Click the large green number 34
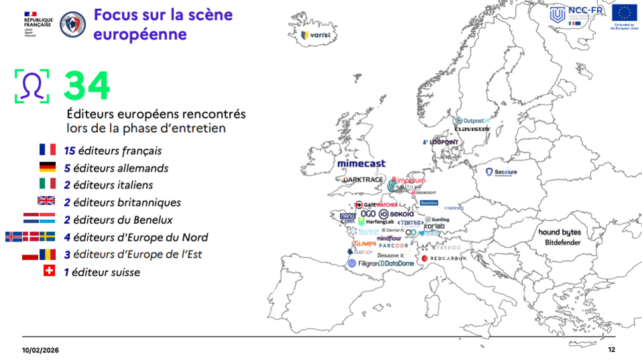click(87, 85)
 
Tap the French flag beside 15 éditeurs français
click(47, 150)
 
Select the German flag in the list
click(47, 168)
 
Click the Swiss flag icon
click(48, 271)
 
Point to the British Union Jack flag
click(46, 200)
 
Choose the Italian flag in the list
click(47, 184)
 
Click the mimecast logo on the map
click(361, 164)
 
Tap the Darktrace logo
click(363, 180)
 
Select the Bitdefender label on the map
click(562, 242)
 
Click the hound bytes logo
click(559, 232)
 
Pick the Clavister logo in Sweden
click(472, 129)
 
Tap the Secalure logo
click(501, 172)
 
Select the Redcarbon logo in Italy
click(444, 258)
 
